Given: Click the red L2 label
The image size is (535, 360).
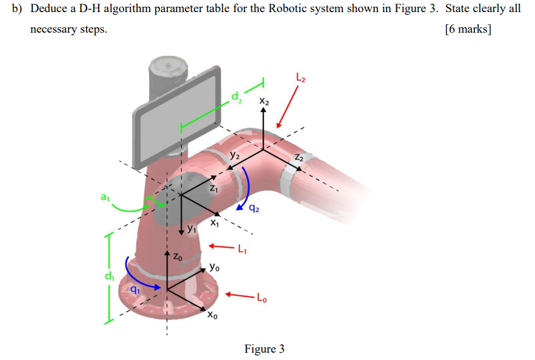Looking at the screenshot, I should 301,77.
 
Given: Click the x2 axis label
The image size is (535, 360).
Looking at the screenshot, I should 264,101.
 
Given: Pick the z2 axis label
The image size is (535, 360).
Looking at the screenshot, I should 299,158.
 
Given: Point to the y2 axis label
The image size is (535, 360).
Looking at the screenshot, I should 234,155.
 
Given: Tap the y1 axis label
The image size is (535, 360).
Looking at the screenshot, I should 191,229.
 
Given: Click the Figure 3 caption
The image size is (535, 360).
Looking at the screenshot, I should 264,348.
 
